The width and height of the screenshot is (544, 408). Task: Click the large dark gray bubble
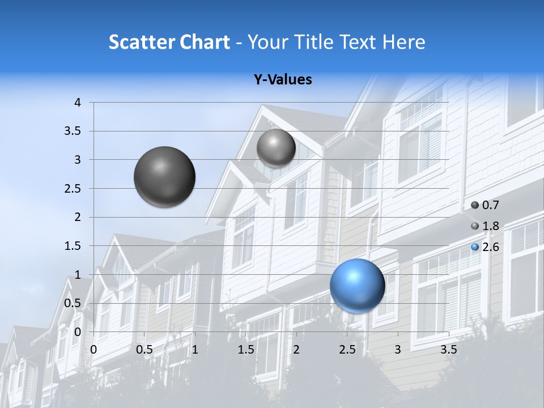click(164, 177)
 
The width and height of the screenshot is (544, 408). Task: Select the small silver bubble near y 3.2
click(276, 148)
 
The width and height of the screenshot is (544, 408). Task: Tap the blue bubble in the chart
click(357, 286)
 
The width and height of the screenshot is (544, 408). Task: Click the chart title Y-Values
click(282, 80)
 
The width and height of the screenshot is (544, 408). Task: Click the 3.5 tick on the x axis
click(448, 350)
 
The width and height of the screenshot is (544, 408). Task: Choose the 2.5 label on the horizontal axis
click(347, 350)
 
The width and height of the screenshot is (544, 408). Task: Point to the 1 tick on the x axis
click(195, 350)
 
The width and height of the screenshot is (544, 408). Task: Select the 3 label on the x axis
click(398, 350)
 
